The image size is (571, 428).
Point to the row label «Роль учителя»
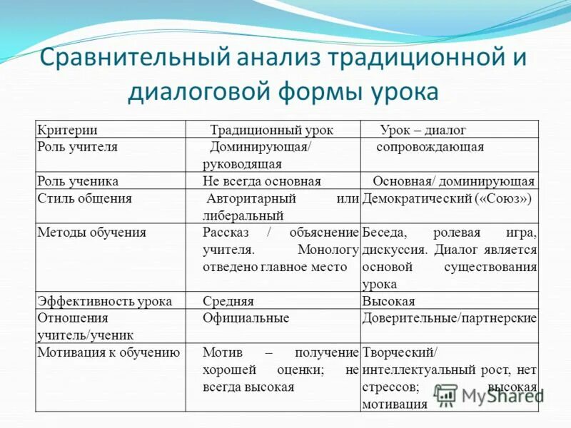(x=77, y=147)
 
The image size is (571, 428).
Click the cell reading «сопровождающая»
(x=430, y=147)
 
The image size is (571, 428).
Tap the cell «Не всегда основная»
(x=262, y=181)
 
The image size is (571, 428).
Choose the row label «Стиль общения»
(x=84, y=198)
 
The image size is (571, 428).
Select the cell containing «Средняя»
(x=228, y=301)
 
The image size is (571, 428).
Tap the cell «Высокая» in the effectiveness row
(x=389, y=301)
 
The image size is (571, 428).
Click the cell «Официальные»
(x=246, y=318)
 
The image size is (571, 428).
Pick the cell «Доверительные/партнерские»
(x=450, y=318)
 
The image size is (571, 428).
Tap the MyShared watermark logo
(x=489, y=394)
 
